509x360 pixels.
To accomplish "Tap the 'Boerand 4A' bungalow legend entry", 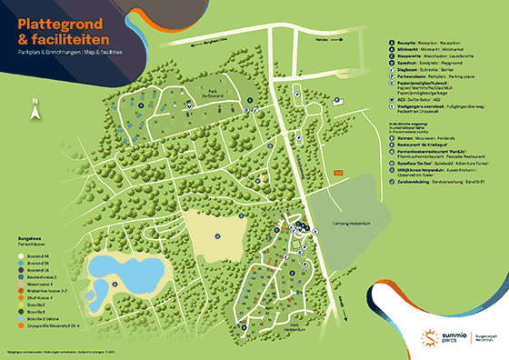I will coord(34,258).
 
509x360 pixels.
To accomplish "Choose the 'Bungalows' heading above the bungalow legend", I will coord(29,239).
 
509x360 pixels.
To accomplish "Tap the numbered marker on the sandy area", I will coord(218,235).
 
